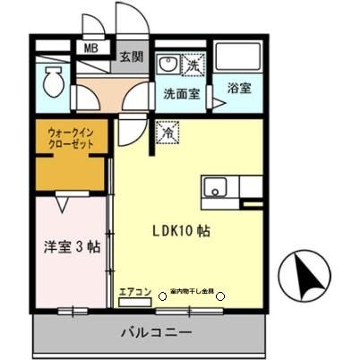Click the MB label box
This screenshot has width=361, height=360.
(x=91, y=49)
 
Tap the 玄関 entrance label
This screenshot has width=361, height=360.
(x=131, y=56)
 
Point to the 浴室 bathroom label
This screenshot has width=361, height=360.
(x=237, y=90)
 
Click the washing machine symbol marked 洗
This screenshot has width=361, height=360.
(x=193, y=64)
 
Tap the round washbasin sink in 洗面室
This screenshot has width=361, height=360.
(x=167, y=65)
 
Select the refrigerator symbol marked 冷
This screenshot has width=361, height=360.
(x=166, y=133)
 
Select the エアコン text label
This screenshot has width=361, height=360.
(x=132, y=291)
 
